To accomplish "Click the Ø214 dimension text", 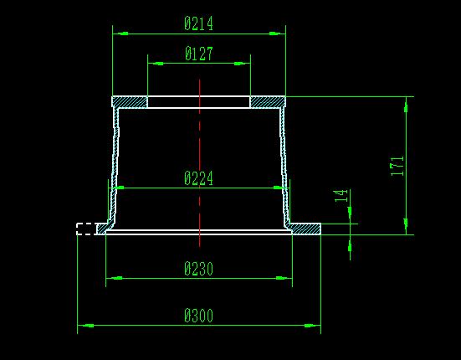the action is tap(198, 23).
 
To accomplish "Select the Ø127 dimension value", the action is tap(199, 54).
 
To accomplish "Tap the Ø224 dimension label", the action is tap(198, 178).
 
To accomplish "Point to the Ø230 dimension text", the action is tap(198, 269).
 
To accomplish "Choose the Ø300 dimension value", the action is tap(198, 316).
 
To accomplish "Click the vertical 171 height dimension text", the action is tap(397, 166).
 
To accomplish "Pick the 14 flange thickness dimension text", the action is tap(341, 196).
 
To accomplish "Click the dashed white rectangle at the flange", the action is tap(86, 229).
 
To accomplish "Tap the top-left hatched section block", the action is tap(130, 102).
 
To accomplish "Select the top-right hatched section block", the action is tap(268, 102).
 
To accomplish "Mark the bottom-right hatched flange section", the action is tap(305, 229).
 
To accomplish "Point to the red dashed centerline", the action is tap(200, 163).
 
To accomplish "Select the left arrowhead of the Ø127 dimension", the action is tap(156, 64).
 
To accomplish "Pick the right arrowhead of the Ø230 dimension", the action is tap(284, 278).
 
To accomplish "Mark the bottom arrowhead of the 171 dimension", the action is tap(406, 227).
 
